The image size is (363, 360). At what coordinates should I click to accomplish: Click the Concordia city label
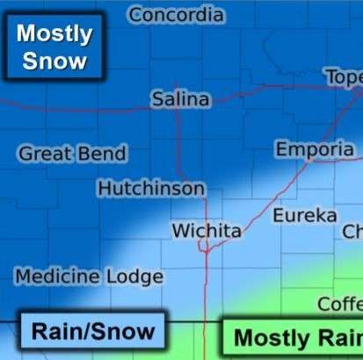pos(176,15)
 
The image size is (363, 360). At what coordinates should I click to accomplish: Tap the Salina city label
pos(180,99)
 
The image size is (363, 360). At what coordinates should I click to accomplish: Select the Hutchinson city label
pos(151,189)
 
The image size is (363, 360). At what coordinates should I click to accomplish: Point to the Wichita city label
pos(206,231)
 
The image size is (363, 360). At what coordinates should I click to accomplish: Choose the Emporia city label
pos(314,149)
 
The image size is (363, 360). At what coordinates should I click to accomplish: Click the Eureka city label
pos(304,215)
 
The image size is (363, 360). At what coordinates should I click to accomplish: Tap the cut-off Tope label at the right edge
pos(344,77)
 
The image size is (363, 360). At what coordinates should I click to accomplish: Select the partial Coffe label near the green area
pos(339,304)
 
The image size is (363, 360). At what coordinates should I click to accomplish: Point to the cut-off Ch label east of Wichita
pos(352,232)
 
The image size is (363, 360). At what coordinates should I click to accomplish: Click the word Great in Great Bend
pos(43,154)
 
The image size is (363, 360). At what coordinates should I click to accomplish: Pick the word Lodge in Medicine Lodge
pos(135,277)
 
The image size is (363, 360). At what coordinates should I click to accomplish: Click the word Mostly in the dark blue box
pos(54,34)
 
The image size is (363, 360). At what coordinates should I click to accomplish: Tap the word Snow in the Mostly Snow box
pos(54,61)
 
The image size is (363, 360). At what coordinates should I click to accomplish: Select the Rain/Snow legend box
pos(92,332)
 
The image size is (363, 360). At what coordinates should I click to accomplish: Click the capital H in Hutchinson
pos(104,189)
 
